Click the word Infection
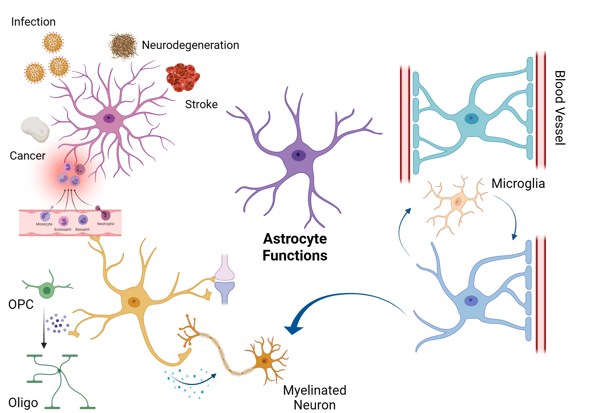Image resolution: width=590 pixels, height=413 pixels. tap(33, 22)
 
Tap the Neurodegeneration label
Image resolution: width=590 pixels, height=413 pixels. tap(190, 45)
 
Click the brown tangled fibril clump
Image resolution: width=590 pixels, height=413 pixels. tap(123, 46)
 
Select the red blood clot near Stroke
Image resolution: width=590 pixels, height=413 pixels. tap(182, 77)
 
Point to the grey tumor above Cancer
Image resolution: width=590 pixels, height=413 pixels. tap(35, 129)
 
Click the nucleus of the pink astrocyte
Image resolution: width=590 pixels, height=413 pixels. tap(109, 118)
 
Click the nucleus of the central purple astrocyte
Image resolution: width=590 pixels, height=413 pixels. tap(298, 155)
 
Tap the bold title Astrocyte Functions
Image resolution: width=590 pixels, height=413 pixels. tap(295, 247)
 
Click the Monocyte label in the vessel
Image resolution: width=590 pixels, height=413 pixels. tap(44, 224)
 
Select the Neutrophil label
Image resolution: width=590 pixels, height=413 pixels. tap(106, 224)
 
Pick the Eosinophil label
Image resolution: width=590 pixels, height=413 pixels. tap(63, 230)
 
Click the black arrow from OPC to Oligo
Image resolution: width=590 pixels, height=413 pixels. tap(44, 327)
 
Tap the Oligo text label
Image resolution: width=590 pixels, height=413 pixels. tap(23, 403)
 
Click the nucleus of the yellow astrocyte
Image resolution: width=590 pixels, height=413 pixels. tap(134, 301)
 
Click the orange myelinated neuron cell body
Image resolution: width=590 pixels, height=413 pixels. tap(264, 361)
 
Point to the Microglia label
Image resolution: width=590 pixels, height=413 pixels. tap(518, 183)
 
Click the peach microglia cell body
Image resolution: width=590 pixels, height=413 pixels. tap(457, 202)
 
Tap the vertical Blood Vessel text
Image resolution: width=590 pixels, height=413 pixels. tap(560, 108)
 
